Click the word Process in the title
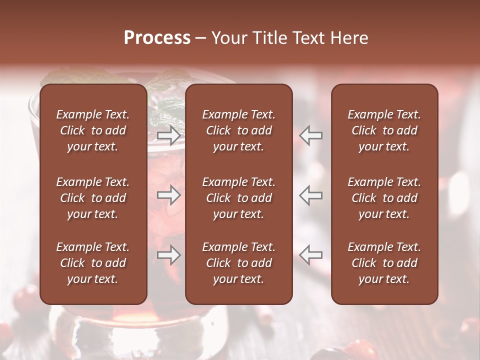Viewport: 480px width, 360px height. click(157, 38)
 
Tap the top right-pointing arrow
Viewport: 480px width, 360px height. click(168, 135)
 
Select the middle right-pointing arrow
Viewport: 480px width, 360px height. click(168, 195)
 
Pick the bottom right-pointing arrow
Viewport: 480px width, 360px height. click(168, 255)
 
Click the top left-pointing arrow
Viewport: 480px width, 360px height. click(311, 135)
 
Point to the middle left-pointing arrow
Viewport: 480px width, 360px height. click(311, 195)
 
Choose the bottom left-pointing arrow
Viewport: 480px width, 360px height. click(311, 255)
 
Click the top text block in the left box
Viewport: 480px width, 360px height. click(93, 130)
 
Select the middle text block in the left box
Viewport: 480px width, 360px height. click(93, 198)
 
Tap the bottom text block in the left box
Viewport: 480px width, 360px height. click(93, 263)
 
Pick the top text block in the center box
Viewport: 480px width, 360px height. click(238, 130)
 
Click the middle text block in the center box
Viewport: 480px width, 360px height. click(238, 198)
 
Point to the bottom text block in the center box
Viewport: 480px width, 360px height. click(238, 263)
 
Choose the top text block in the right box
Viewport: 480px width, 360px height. click(384, 130)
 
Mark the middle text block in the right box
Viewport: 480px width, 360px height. click(384, 198)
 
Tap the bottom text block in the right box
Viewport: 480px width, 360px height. click(384, 263)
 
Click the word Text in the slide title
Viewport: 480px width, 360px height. click(304, 38)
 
